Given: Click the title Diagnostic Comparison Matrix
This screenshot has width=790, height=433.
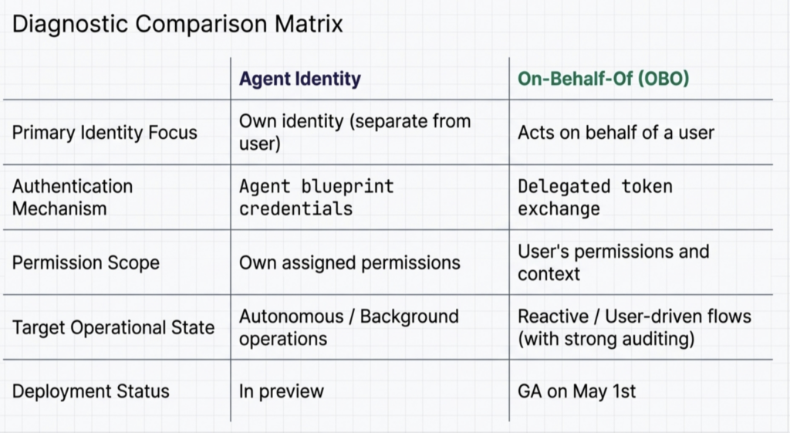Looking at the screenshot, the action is [x=177, y=24].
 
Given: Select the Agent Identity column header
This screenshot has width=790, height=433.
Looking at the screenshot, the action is [x=300, y=79].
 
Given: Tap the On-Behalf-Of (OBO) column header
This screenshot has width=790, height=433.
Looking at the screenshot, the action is [x=603, y=79].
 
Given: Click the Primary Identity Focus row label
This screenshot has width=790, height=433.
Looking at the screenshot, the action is [x=105, y=133].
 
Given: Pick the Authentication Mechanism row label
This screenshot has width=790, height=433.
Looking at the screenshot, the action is [x=73, y=197].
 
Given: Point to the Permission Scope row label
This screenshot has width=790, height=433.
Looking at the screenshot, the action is [x=86, y=262].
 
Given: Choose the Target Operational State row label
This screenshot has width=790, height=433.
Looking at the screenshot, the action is [x=113, y=328].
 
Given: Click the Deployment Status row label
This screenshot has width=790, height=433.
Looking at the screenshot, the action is [x=91, y=391].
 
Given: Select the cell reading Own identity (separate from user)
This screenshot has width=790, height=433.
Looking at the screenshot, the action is [x=355, y=132].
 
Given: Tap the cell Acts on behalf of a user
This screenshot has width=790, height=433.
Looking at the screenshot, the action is [x=616, y=133].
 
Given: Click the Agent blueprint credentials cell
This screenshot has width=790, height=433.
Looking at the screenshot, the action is [x=316, y=197].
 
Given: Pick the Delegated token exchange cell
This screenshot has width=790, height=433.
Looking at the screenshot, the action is [x=595, y=197].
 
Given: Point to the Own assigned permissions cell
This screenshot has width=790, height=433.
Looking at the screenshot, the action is [x=349, y=262].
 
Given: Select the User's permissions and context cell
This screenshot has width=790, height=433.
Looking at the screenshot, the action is [x=613, y=262].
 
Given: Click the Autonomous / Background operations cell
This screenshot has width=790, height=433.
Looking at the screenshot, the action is [x=349, y=327].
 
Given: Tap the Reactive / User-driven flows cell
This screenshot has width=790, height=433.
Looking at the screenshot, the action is [x=635, y=327].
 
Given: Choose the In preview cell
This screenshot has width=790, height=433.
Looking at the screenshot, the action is [x=282, y=391].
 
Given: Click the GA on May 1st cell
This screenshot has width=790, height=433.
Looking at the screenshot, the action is [x=577, y=391].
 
